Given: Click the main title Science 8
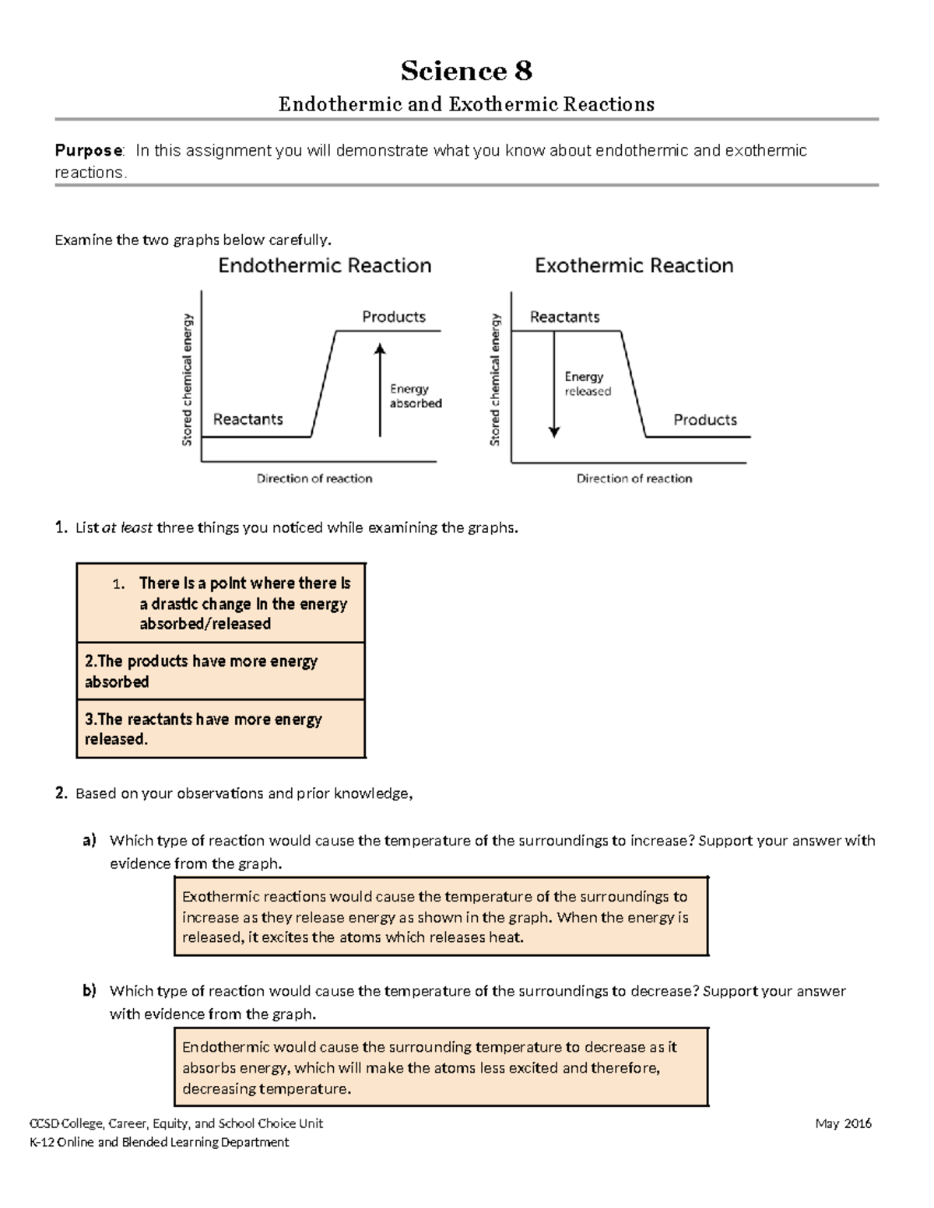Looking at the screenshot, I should (x=466, y=71).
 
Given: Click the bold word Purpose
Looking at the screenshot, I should (x=88, y=151).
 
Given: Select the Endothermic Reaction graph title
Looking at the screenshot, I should (x=325, y=266).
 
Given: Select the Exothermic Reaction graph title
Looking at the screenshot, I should (x=634, y=266).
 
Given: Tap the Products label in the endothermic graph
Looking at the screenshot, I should (x=394, y=317).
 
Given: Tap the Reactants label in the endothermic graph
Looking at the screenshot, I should (x=248, y=419).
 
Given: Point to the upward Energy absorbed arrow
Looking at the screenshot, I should (x=380, y=389).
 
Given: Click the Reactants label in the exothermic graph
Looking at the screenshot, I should (x=564, y=317).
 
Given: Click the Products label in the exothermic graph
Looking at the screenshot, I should (x=704, y=419).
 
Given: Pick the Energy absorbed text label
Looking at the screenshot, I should (x=415, y=396).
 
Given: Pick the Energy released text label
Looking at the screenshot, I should (x=588, y=383).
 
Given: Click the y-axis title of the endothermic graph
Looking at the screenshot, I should (x=187, y=380).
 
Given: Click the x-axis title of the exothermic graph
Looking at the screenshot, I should (x=634, y=478).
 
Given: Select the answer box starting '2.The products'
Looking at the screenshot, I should (x=221, y=671).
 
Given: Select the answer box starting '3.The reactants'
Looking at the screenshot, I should (x=221, y=729).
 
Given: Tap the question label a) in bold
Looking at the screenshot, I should (x=90, y=840).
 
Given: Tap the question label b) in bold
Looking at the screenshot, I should (x=90, y=991).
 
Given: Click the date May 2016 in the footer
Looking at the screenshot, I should (x=843, y=1123).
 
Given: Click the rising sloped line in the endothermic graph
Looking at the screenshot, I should (x=324, y=383).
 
